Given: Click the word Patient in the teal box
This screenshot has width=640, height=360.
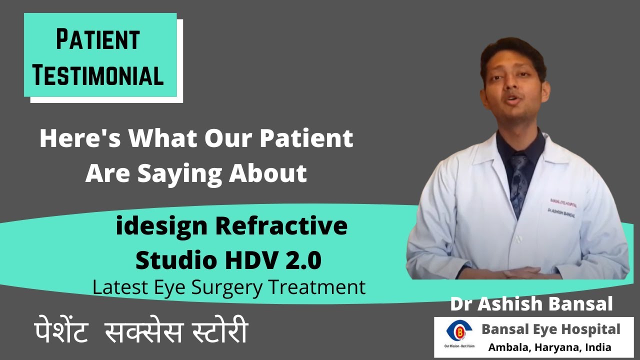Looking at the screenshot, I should pos(97,40).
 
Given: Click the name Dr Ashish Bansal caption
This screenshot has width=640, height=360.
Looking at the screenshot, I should pos(531,304).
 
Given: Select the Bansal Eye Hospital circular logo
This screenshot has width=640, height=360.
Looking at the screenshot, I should pos(456,331).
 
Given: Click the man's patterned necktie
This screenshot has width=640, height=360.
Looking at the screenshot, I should pos(518,180).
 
